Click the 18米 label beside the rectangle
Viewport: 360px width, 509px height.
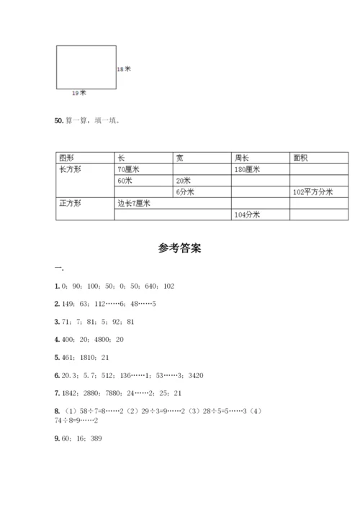coord(124,69)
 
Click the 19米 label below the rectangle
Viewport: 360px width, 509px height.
coord(78,92)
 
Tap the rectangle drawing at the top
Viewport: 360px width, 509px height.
coord(86,67)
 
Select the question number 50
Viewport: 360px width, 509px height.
coord(58,120)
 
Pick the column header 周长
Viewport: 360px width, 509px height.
coord(241,158)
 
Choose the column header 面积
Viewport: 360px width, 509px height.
coord(301,158)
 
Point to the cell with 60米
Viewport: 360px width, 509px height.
coord(125,181)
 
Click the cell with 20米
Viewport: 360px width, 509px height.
coord(183,181)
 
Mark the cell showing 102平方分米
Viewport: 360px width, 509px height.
coord(312,192)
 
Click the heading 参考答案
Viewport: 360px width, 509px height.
coord(179,248)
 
